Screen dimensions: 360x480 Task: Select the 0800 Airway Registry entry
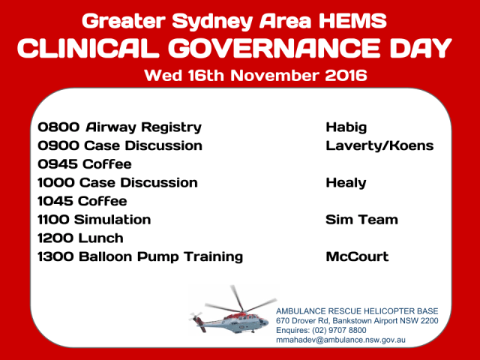click(119, 127)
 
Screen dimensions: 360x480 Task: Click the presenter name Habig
click(347, 127)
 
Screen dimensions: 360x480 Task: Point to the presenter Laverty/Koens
click(379, 145)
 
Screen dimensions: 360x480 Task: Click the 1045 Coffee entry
click(82, 201)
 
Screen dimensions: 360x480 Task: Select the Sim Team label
click(361, 220)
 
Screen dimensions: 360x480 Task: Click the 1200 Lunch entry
click(79, 238)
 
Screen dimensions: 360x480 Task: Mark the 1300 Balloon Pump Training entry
click(140, 256)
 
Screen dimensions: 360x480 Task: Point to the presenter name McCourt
click(357, 256)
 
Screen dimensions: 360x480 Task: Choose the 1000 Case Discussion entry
click(118, 182)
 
